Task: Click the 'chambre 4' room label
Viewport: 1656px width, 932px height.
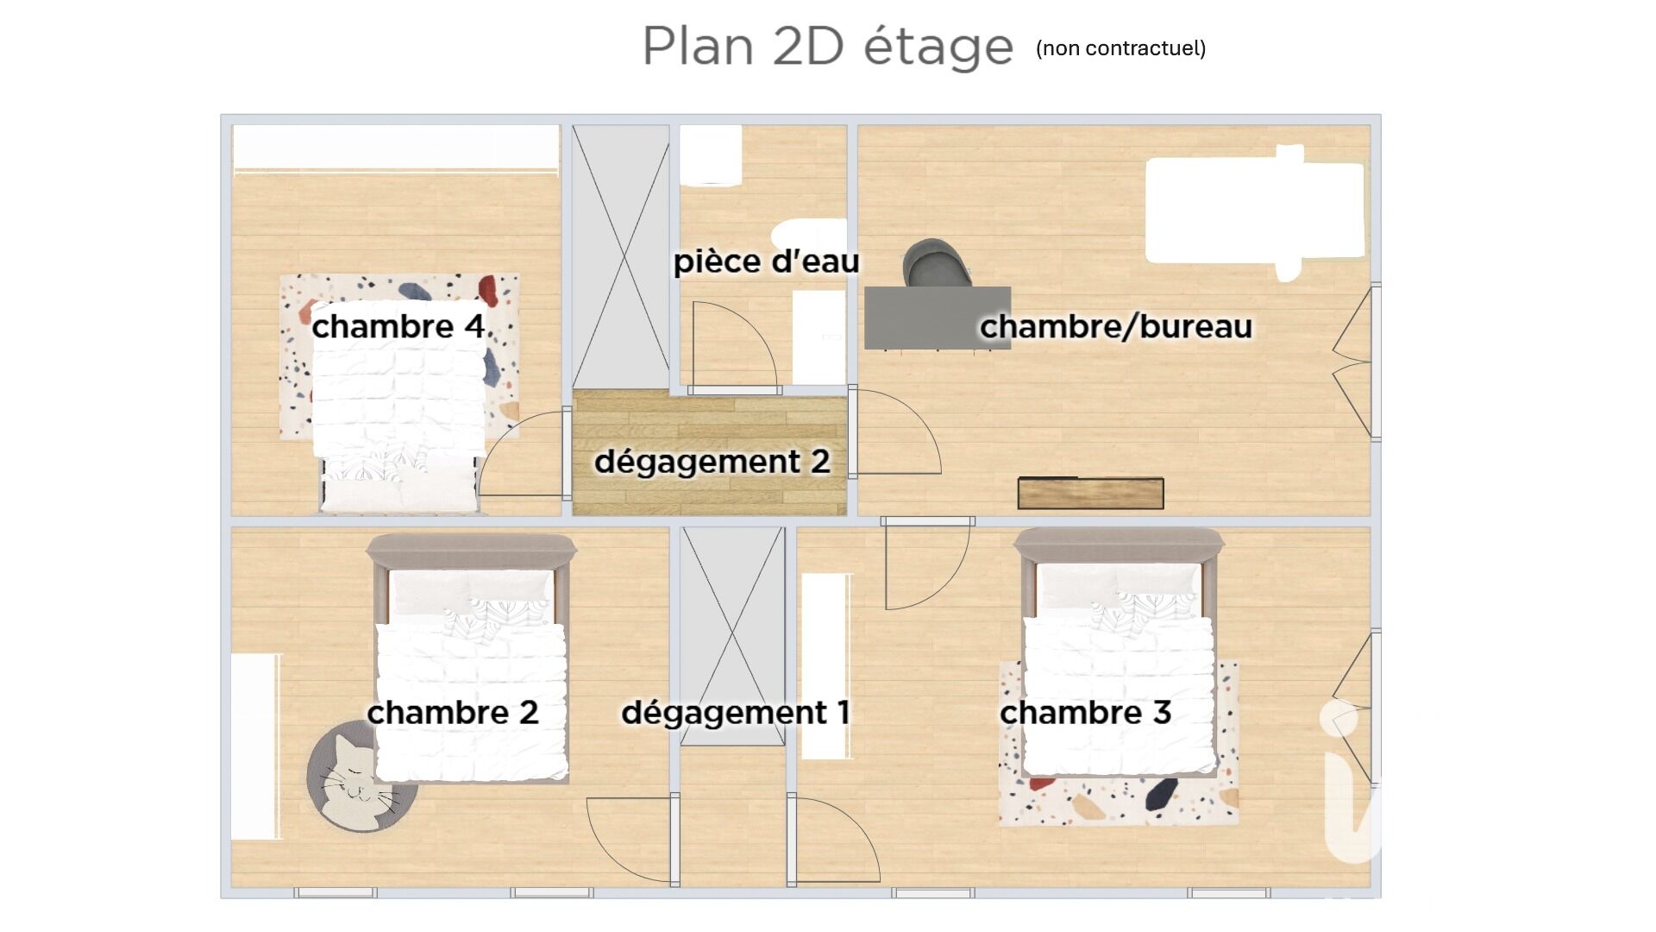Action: (x=398, y=326)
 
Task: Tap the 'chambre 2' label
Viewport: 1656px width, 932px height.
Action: (x=453, y=713)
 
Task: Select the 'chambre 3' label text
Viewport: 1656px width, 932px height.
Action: (x=1085, y=713)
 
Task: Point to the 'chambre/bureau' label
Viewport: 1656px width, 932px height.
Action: (x=1116, y=326)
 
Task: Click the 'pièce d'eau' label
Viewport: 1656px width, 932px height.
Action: (x=766, y=261)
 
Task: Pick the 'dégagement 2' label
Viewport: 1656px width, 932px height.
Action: (x=712, y=462)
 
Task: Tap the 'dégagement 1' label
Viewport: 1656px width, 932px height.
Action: (x=736, y=713)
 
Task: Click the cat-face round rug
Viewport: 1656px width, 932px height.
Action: (x=362, y=777)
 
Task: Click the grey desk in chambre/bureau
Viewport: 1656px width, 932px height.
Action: (x=938, y=318)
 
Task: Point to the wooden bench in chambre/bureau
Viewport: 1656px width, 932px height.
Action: (x=1091, y=493)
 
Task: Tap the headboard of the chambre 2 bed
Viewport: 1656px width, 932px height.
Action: (x=471, y=549)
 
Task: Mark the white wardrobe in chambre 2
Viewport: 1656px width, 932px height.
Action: (x=255, y=746)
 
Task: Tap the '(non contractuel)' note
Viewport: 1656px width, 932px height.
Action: (x=1121, y=48)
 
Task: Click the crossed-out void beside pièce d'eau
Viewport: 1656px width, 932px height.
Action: (x=621, y=256)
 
